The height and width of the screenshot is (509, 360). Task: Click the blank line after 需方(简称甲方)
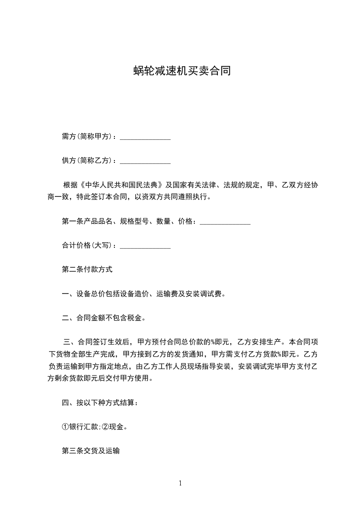pos(145,138)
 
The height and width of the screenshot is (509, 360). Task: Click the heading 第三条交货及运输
pos(90,451)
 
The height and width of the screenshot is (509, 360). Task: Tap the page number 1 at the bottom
pos(180,483)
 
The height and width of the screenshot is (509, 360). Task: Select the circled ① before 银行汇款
pos(65,427)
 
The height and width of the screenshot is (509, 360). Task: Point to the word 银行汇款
pos(83,427)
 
